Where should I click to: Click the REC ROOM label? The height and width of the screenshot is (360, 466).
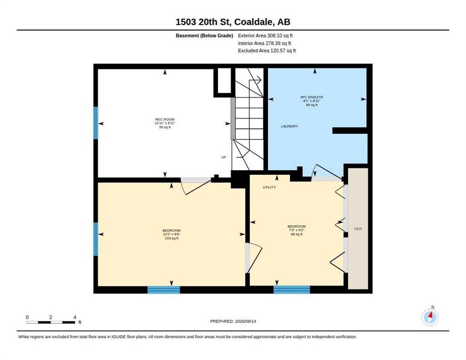point(165,120)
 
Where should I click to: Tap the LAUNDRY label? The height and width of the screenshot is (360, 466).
point(289,127)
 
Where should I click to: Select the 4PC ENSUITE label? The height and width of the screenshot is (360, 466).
point(311,97)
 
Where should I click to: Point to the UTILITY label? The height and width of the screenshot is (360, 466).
point(269,187)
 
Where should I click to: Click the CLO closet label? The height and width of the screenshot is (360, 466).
point(358,229)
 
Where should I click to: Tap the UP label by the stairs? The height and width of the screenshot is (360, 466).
point(224,157)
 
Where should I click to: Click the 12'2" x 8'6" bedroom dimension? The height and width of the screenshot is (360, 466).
point(172,234)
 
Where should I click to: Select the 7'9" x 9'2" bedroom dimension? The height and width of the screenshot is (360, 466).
point(297,230)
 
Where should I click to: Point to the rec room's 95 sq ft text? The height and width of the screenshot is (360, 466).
point(165,127)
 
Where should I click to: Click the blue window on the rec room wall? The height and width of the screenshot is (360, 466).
point(96,123)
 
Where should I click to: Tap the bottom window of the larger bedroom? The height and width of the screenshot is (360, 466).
point(164,290)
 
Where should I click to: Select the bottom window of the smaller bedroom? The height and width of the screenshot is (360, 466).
point(292,290)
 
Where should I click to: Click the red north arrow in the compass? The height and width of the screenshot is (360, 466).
point(431,314)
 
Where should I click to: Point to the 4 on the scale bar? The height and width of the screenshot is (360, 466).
point(75,317)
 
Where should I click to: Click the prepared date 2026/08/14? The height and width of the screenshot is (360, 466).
point(246,322)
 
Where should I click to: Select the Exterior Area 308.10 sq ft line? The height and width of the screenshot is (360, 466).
point(265,36)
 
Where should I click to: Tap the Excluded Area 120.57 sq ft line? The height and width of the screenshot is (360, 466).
point(267,51)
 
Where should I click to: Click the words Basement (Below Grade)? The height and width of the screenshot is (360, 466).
point(204,36)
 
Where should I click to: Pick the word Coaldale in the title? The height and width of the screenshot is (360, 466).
point(254,22)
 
